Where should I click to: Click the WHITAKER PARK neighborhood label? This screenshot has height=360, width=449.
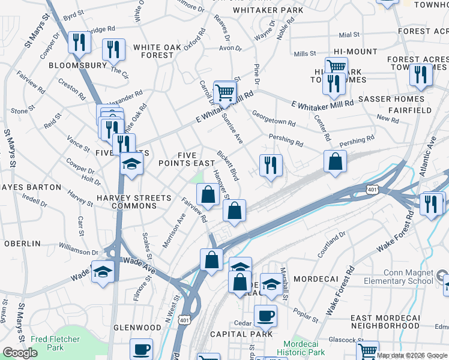[268, 10]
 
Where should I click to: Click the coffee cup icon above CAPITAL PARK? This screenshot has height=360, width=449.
[265, 315]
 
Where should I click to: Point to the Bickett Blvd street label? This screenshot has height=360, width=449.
[228, 166]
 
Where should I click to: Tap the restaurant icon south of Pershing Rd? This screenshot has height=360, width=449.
[271, 164]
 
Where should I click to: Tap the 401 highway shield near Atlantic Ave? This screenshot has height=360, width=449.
[372, 190]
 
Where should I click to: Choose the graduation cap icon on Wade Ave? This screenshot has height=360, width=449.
[103, 272]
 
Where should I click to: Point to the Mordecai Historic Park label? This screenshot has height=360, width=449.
[301, 348]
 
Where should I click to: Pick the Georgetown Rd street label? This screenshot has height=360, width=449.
[273, 118]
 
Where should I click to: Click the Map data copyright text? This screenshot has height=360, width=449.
[412, 355]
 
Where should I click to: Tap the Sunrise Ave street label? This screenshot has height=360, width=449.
[231, 127]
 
